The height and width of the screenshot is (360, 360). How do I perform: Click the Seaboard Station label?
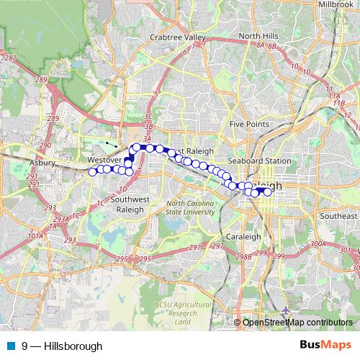point(259,161)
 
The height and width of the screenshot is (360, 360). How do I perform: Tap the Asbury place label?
point(41,163)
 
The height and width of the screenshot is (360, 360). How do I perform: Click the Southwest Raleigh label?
point(124,204)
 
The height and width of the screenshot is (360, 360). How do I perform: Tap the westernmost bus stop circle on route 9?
point(92,171)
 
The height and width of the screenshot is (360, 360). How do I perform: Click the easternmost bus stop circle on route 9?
point(268,192)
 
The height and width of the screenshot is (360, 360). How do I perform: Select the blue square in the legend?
point(11,346)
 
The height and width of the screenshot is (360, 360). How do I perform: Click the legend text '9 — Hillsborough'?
point(62,346)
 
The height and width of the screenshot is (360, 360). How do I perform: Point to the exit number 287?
point(10,57)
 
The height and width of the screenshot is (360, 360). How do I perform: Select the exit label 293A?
point(60,220)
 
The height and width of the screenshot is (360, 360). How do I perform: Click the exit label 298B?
point(243,256)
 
